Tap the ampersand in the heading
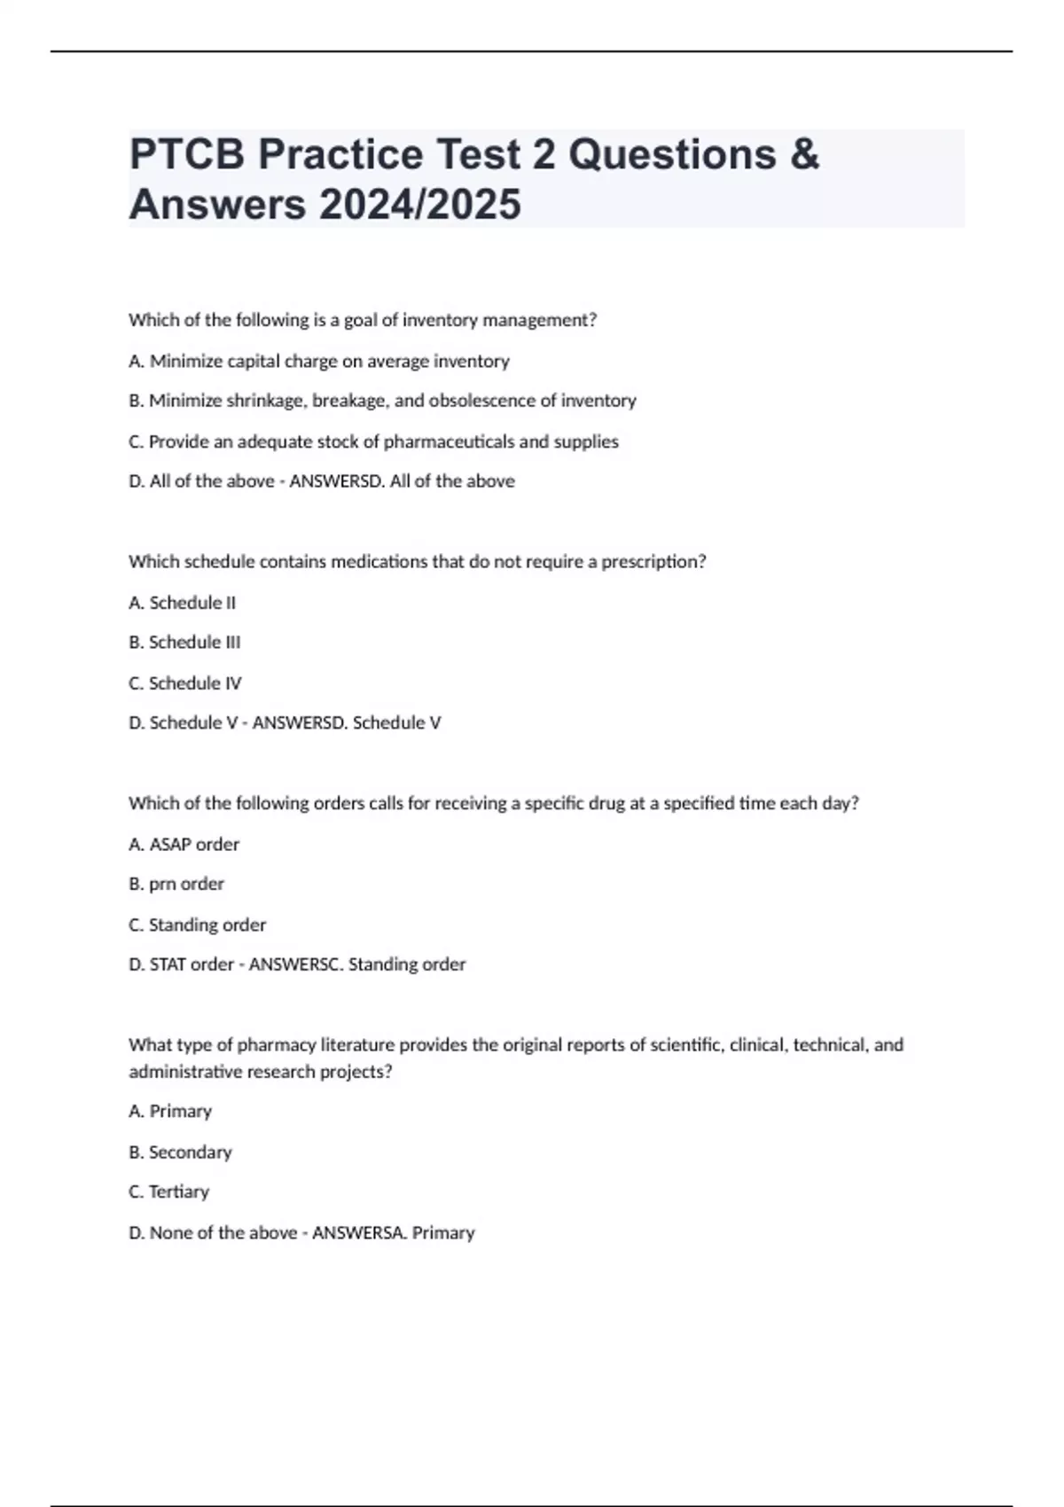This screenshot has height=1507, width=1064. [x=802, y=154]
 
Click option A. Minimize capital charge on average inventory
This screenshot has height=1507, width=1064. [x=319, y=361]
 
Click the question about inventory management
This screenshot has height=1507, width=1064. [x=363, y=320]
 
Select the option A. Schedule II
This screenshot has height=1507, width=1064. [x=183, y=603]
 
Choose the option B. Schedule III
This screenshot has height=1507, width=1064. [x=184, y=642]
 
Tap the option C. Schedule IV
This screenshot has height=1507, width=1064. [x=185, y=683]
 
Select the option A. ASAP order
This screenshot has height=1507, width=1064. [x=184, y=844]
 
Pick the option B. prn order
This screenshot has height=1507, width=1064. [x=176, y=884]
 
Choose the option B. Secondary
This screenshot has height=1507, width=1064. [x=180, y=1152]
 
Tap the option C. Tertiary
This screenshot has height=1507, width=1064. [x=169, y=1191]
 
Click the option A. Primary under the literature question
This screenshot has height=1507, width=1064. [x=170, y=1111]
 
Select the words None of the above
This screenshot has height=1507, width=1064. [x=223, y=1232]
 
